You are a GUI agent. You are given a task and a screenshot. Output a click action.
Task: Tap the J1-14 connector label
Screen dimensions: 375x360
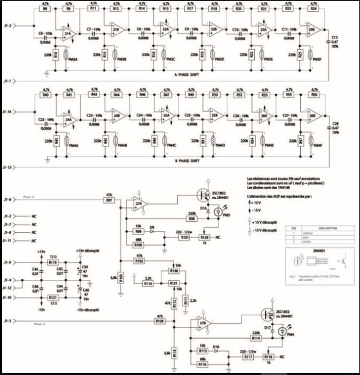9,112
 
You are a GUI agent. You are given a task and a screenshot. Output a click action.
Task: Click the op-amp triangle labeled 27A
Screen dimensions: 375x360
139,204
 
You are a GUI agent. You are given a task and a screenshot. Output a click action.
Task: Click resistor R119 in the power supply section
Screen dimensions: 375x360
52,263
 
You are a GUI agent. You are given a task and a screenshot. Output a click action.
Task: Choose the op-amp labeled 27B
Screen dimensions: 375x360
202,324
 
